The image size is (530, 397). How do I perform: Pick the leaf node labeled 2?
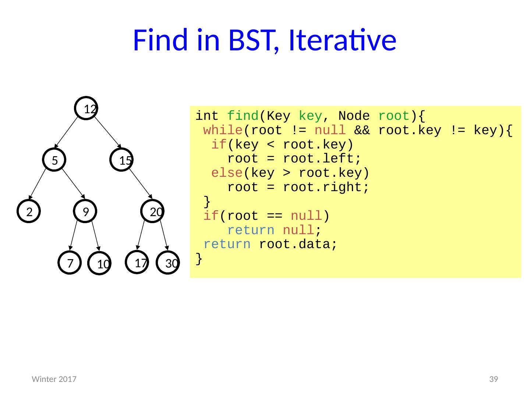pyautogui.click(x=28, y=211)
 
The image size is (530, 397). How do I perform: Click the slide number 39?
pyautogui.click(x=493, y=379)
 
